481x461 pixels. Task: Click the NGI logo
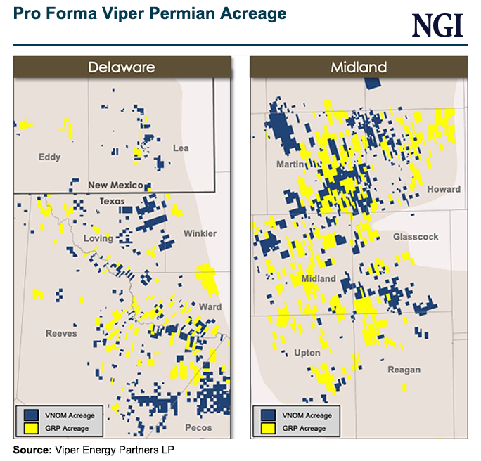click(x=437, y=25)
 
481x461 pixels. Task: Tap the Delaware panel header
click(x=121, y=67)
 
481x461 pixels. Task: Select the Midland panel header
click(x=359, y=67)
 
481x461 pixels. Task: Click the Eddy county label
click(x=50, y=157)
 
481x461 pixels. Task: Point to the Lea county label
click(x=181, y=148)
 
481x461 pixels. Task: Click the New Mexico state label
click(x=116, y=186)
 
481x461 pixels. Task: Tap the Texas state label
click(x=111, y=201)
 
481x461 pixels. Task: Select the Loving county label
click(x=98, y=238)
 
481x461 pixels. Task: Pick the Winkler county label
click(x=200, y=233)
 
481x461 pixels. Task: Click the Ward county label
click(x=210, y=307)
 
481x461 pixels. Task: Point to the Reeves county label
click(x=61, y=333)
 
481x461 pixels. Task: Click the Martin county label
click(x=290, y=164)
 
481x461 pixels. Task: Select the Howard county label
click(x=444, y=189)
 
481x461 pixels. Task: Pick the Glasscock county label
click(x=416, y=237)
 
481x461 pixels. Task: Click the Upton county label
click(x=307, y=353)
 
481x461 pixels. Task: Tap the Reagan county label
click(x=404, y=370)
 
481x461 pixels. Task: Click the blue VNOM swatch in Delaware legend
click(x=32, y=416)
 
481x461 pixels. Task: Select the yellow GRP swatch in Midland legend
click(x=269, y=428)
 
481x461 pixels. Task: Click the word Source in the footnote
click(x=32, y=449)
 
